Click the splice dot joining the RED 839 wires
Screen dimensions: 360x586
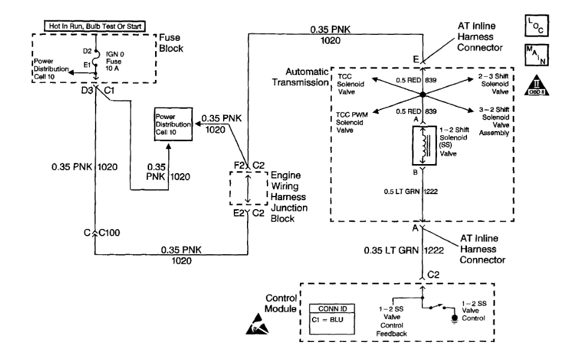[x=423, y=95]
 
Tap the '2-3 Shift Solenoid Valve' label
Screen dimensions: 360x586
[x=496, y=84]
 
